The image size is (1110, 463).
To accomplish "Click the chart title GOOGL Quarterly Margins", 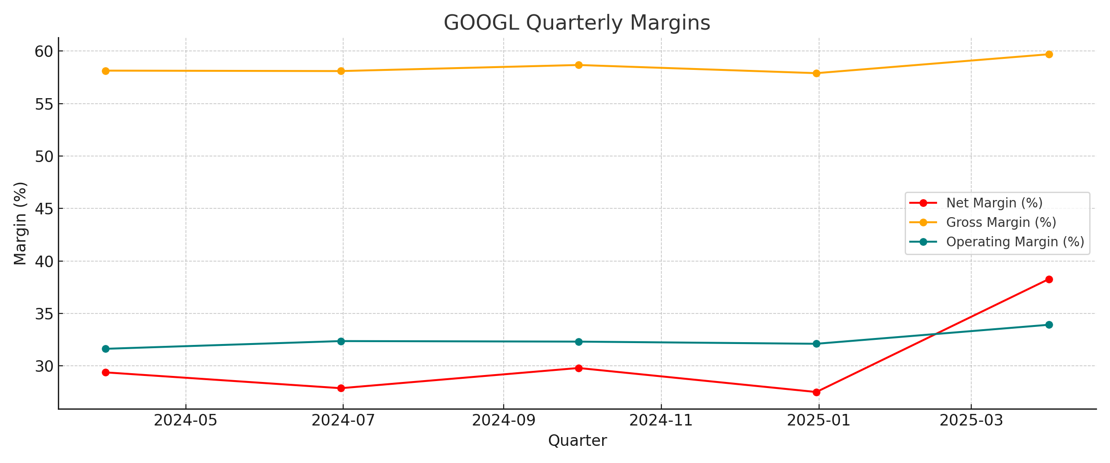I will [577, 23].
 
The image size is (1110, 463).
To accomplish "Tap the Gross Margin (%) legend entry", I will [1001, 222].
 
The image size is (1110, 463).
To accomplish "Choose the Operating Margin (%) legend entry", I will [1015, 242].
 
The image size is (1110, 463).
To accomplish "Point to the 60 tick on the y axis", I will [44, 51].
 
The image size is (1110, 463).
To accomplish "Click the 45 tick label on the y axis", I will [44, 209].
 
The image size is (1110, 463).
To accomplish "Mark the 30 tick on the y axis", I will [44, 366].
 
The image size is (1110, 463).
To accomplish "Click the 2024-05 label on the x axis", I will [186, 420].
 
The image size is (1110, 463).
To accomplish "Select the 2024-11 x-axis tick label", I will [661, 420].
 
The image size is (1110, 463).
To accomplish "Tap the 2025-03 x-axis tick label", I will [971, 420].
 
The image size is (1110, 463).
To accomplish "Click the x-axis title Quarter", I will [577, 441].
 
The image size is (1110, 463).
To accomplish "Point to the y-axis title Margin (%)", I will [20, 223].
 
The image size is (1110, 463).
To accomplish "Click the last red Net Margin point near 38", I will [1049, 279].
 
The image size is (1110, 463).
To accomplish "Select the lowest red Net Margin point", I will [816, 392].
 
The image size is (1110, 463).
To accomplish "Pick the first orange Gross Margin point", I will [105, 71].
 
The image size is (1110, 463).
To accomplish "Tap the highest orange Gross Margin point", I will [1049, 54].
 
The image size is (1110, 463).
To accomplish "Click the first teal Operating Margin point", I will [105, 349].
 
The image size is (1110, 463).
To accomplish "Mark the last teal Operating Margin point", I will [1049, 325].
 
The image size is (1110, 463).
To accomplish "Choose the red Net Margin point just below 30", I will [579, 368].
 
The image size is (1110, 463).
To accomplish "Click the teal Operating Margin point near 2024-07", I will [341, 341].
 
